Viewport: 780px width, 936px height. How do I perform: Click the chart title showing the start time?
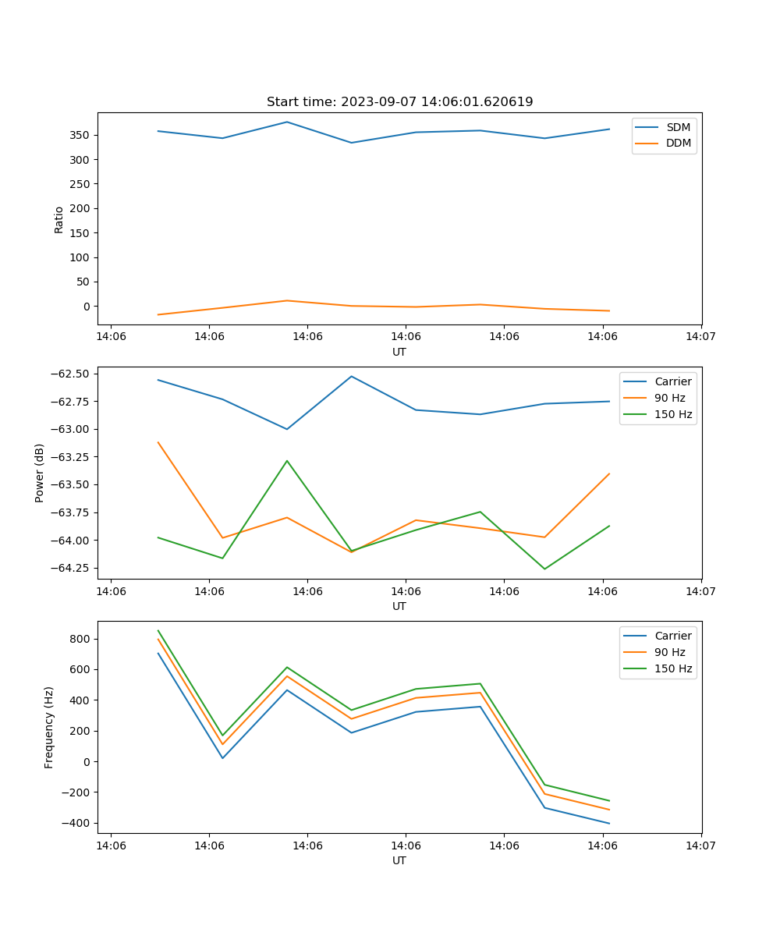[x=399, y=102]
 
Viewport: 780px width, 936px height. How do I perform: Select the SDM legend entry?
[x=678, y=127]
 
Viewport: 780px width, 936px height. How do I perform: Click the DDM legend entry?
[x=678, y=143]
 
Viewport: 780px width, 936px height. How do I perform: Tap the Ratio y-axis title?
[x=59, y=219]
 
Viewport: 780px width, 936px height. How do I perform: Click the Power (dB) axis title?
[x=40, y=473]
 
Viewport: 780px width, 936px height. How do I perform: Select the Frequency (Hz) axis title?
[x=49, y=727]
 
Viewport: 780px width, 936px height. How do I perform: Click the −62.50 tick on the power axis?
[x=69, y=374]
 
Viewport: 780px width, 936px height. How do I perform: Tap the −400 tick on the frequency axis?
[x=76, y=823]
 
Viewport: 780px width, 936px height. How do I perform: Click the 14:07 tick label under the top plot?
[x=700, y=337]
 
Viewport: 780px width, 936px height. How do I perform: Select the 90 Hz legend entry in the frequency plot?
[x=670, y=652]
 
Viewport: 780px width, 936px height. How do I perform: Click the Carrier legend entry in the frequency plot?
[x=672, y=636]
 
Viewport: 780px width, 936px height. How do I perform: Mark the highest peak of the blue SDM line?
[x=287, y=122]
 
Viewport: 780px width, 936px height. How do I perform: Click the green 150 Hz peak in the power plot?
[x=287, y=461]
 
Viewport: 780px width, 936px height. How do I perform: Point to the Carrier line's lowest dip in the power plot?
[x=287, y=429]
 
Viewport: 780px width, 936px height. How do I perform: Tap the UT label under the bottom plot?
[x=399, y=860]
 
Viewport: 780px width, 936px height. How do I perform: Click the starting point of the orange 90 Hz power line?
[x=158, y=442]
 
